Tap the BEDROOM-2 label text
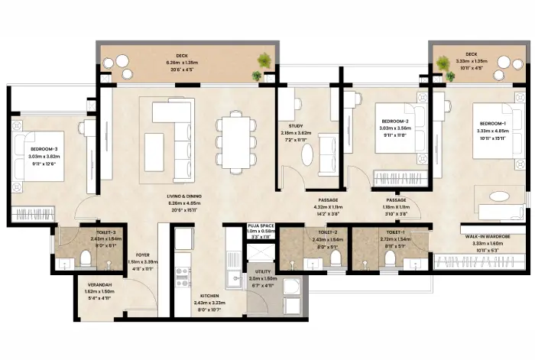pos(395,122)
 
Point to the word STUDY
pos(296,126)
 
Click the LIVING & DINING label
pos(183,197)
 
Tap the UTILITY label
pos(263,272)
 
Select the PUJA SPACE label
pos(261,227)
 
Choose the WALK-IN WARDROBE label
pos(481,238)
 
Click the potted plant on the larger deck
pos(263,60)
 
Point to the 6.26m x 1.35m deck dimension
pos(182,63)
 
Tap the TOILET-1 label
pos(395,232)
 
